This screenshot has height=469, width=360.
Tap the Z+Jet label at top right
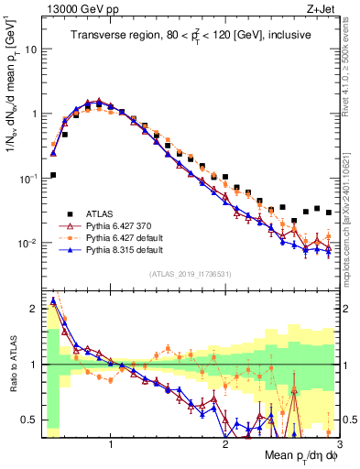point(323,7)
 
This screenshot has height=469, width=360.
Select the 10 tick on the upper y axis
point(31,49)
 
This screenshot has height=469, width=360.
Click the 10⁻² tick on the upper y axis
point(27,244)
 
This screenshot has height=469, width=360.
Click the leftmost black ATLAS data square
point(53,174)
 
